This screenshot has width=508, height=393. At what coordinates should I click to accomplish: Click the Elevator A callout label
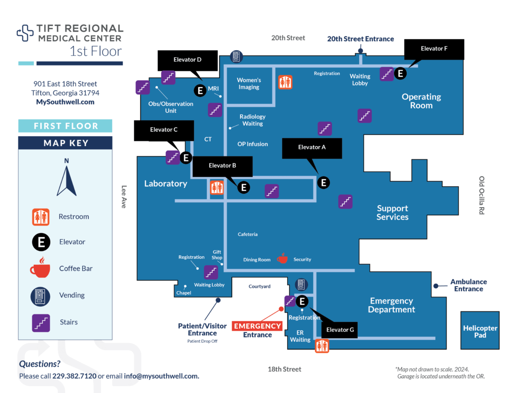pyautogui.click(x=312, y=148)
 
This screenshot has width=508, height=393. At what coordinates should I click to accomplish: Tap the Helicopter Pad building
pyautogui.click(x=480, y=331)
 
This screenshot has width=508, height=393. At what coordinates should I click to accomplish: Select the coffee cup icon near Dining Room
pyautogui.click(x=282, y=258)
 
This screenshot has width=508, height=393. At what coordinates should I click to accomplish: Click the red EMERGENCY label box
pyautogui.click(x=257, y=326)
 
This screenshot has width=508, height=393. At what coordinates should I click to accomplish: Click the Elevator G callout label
pyautogui.click(x=339, y=329)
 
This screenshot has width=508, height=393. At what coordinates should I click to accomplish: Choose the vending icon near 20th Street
pyautogui.click(x=236, y=57)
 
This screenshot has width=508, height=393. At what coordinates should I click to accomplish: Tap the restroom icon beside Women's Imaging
pyautogui.click(x=285, y=82)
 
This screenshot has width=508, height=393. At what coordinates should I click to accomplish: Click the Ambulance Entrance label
pyautogui.click(x=468, y=285)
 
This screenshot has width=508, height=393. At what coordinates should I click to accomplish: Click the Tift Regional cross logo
pyautogui.click(x=25, y=33)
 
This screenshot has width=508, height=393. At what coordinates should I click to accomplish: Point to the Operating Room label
pyautogui.click(x=421, y=101)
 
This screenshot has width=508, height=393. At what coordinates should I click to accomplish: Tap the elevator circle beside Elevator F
pyautogui.click(x=400, y=74)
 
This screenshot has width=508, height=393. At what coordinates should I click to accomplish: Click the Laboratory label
pyautogui.click(x=166, y=183)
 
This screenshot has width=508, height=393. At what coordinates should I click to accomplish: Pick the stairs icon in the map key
pyautogui.click(x=41, y=322)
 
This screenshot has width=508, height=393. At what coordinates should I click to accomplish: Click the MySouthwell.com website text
pyautogui.click(x=65, y=102)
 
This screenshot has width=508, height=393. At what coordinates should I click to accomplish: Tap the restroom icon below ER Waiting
pyautogui.click(x=322, y=345)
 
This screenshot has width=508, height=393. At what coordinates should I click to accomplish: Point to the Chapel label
pyautogui.click(x=184, y=293)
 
